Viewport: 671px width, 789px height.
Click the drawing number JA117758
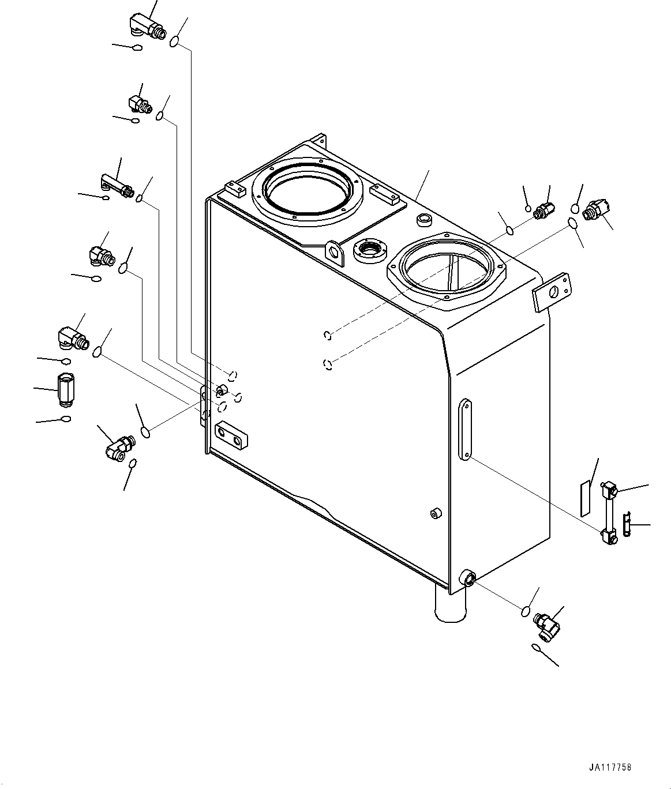pyautogui.click(x=610, y=768)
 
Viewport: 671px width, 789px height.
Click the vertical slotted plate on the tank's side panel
pyautogui.click(x=465, y=428)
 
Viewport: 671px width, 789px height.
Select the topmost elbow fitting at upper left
pyautogui.click(x=144, y=27)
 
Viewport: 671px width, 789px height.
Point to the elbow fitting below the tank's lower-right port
pyautogui.click(x=546, y=624)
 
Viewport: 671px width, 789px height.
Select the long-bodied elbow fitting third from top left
pyautogui.click(x=117, y=186)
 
